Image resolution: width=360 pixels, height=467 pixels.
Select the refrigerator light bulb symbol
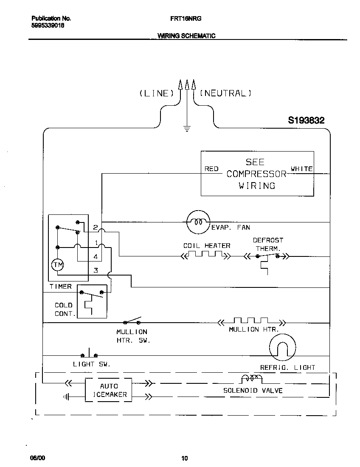tap(282, 349)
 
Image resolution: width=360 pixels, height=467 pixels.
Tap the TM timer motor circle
tap(57, 265)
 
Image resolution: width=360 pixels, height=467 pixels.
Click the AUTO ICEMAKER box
tap(109, 390)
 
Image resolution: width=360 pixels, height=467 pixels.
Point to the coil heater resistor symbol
tap(206, 256)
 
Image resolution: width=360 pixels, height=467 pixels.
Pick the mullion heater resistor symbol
tap(251, 321)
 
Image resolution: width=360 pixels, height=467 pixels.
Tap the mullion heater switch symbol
tap(132, 321)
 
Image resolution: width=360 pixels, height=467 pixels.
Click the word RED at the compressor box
tap(211, 169)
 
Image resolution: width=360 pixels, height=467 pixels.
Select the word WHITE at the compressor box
tap(301, 169)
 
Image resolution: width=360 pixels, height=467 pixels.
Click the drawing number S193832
tap(306, 121)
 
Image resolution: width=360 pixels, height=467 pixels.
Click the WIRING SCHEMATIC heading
tap(186, 36)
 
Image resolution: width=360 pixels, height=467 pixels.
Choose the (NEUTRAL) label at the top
tap(225, 93)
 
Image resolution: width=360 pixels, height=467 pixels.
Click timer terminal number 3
tap(96, 270)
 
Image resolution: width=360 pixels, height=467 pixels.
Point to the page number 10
tap(184, 458)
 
